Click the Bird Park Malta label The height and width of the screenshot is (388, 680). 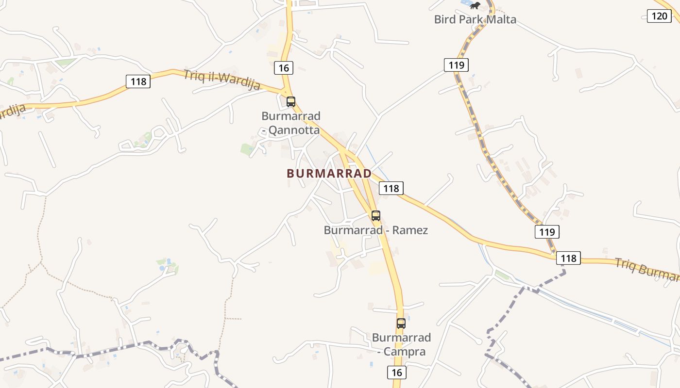coord(475,19)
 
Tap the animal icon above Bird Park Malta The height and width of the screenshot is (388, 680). coord(475,6)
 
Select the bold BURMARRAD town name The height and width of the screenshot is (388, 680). coord(329,173)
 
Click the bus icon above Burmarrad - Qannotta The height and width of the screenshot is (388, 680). coord(291,102)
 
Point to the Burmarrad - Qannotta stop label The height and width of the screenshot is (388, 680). coord(291,123)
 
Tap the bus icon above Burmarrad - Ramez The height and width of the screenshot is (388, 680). coord(376,216)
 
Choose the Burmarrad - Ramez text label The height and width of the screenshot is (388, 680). coord(376,230)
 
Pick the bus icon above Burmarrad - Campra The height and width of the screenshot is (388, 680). coord(401,323)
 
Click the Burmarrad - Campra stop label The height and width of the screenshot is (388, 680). coord(402,344)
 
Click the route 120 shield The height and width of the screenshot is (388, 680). coord(659,16)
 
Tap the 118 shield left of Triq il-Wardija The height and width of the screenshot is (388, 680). coord(138,81)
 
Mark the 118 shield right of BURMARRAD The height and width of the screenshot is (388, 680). coord(391,188)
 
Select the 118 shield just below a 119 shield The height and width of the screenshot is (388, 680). coord(568,258)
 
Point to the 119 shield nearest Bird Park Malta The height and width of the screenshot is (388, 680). coord(456,65)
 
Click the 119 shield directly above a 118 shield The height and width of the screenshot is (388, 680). coord(547,232)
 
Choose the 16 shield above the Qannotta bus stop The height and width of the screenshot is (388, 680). coord(284,68)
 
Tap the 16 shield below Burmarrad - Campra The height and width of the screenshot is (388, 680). coord(397,372)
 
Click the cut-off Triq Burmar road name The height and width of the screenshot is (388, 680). coord(647,270)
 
